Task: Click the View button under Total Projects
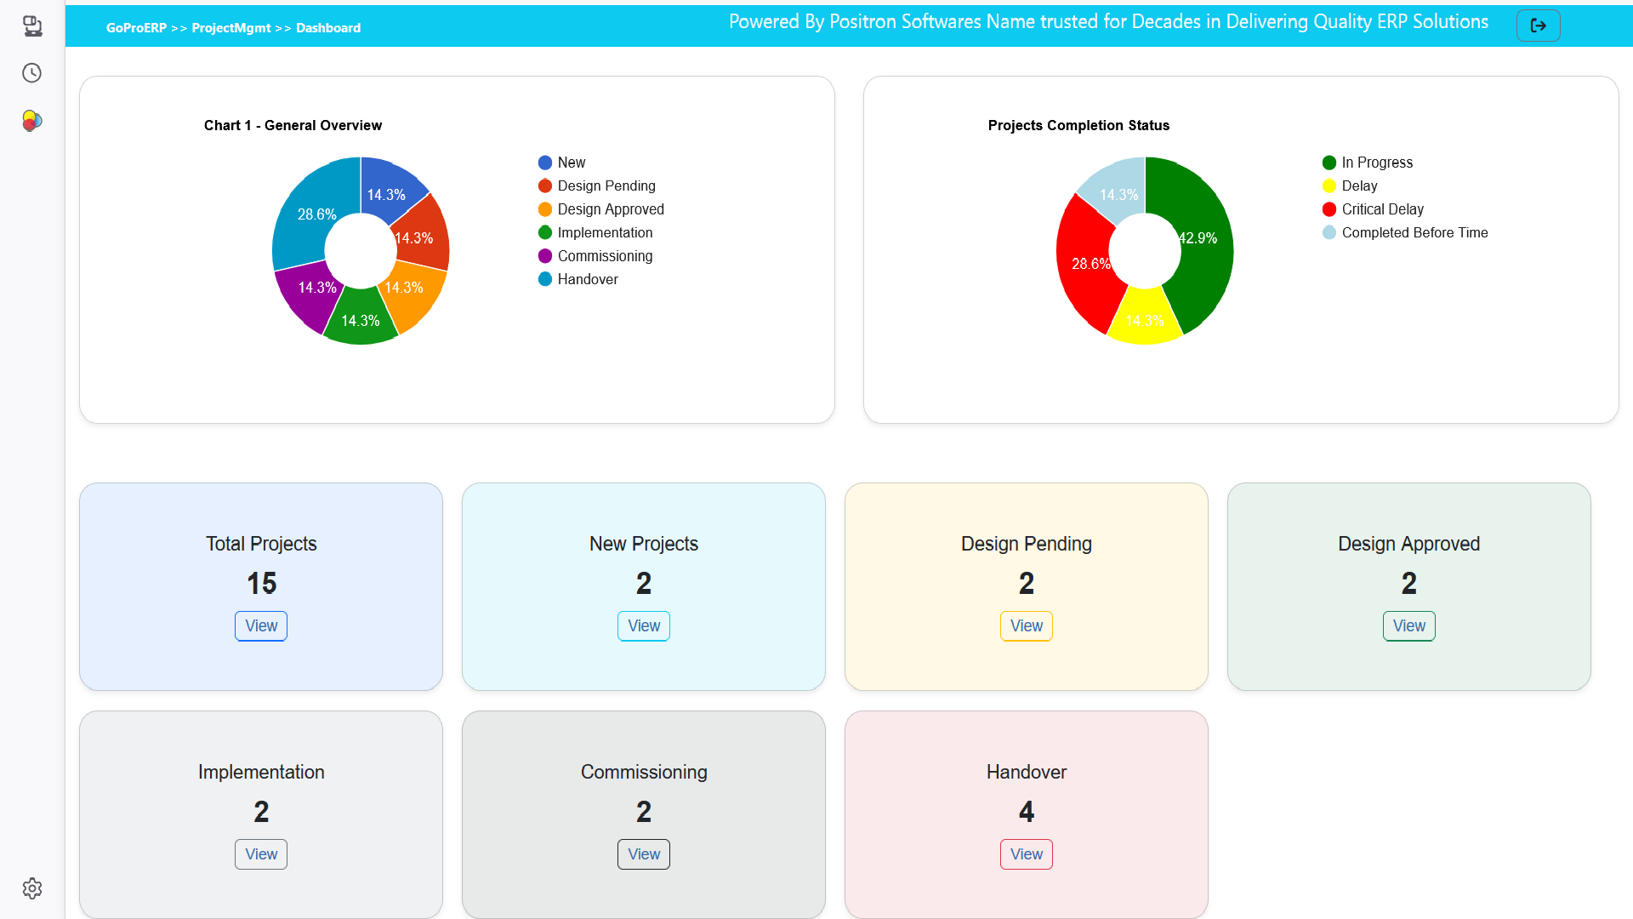261,626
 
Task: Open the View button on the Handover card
1026,854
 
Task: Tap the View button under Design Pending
1026,626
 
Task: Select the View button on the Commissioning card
643,854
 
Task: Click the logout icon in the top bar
1538,26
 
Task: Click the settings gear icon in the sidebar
32,888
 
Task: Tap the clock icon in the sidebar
32,73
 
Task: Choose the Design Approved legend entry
610,209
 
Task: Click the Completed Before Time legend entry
1414,232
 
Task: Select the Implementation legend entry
604,232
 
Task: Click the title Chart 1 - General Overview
293,125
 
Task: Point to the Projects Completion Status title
1078,125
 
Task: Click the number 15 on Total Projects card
261,584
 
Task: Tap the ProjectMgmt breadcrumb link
231,28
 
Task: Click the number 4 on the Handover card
1026,812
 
